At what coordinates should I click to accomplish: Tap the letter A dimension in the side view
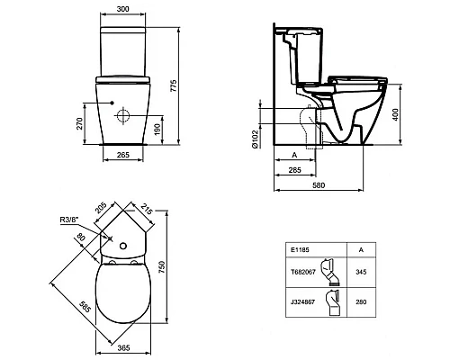tap(294, 155)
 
